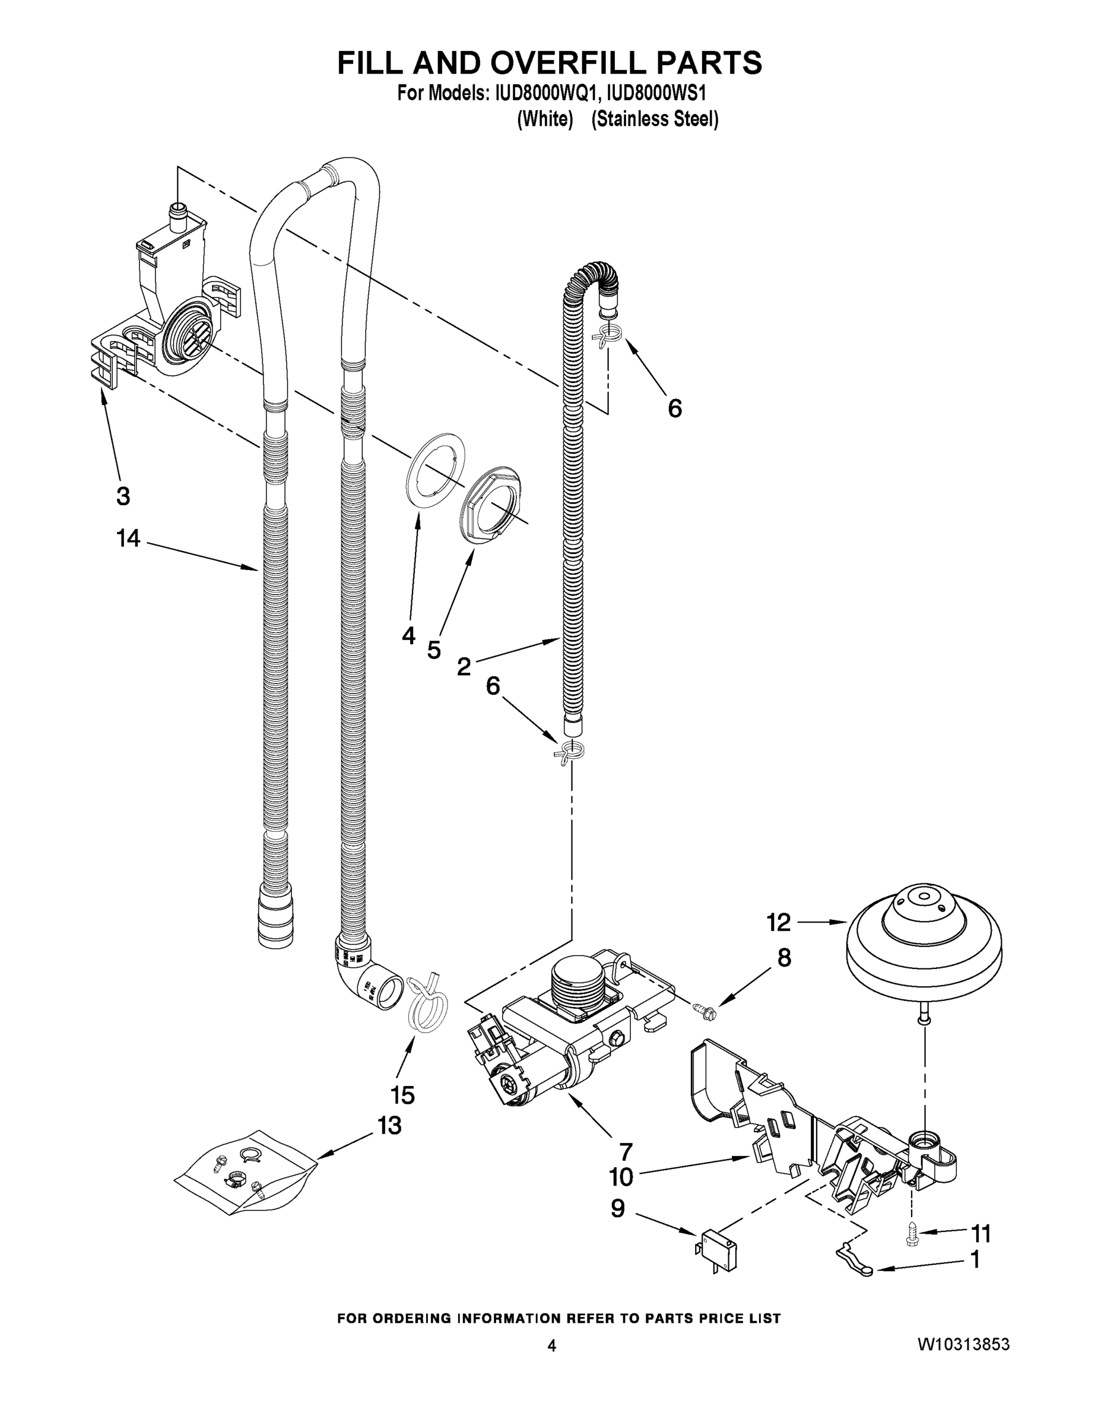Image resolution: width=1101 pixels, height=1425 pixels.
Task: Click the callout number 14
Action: click(128, 539)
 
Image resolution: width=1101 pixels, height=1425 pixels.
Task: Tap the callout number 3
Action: click(123, 496)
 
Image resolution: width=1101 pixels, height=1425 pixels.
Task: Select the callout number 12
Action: click(779, 922)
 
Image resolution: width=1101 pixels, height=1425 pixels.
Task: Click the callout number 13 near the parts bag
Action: click(389, 1126)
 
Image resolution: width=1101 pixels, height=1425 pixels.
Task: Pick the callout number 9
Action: click(617, 1208)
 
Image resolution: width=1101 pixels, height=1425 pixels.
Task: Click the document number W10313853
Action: click(963, 1345)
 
